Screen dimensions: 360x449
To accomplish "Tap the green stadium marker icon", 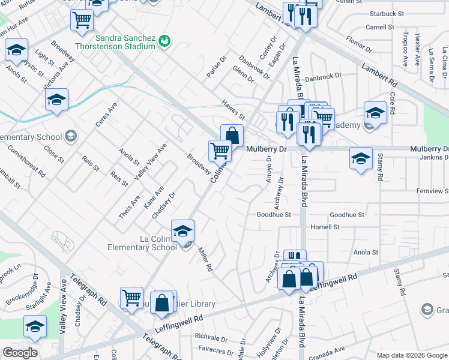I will coord(164,41).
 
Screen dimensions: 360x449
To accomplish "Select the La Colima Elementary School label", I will coord(142,242).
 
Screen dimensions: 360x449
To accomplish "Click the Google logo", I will coord(20,353).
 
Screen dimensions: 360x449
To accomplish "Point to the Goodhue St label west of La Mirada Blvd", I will coord(273,214).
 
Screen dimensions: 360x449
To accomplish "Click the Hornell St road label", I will coord(325,227).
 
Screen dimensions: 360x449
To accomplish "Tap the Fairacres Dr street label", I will coord(215,348).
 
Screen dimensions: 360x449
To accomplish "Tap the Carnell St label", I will coord(380,27).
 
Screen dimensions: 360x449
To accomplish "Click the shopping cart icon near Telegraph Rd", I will coord(131,296).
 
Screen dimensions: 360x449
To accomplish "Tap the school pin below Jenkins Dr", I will coord(361,159).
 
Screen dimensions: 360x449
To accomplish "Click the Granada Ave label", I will coord(331,349).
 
